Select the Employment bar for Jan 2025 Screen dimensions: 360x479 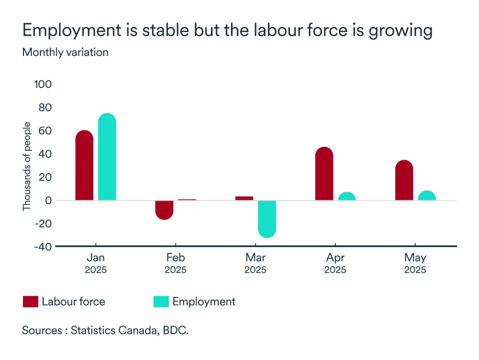point(107,157)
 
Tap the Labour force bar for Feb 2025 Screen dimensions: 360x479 point(164,209)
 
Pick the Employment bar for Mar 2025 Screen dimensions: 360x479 point(267,218)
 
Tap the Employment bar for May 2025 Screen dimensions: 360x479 point(427,196)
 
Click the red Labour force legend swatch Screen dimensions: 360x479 point(30,302)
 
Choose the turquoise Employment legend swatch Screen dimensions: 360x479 point(161,302)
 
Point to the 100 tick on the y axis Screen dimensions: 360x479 point(43,84)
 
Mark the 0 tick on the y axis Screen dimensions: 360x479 point(48,200)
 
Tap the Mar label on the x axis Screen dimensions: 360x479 point(255,258)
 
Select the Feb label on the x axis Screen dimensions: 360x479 point(176,258)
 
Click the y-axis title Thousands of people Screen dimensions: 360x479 point(26,166)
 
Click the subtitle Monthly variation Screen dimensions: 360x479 point(65,52)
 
